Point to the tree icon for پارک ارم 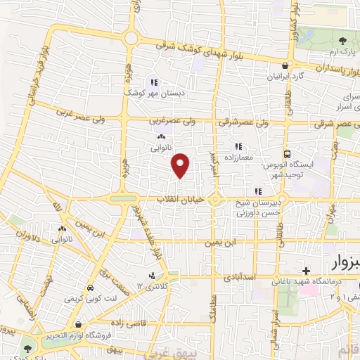coord(342,41)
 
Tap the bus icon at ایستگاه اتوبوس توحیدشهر coord(287,155)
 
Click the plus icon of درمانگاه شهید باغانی coord(306,271)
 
